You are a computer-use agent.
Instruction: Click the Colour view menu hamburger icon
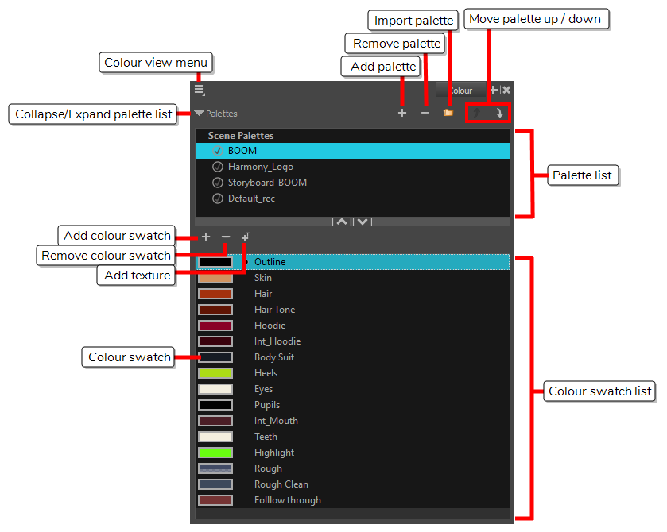(x=199, y=91)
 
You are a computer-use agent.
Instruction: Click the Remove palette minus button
(x=425, y=114)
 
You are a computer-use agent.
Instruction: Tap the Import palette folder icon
(x=448, y=114)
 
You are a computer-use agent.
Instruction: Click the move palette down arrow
(x=500, y=114)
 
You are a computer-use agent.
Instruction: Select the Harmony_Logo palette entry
(x=260, y=167)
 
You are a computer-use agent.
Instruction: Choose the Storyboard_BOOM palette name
(x=266, y=183)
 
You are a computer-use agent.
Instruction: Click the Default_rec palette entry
(x=251, y=199)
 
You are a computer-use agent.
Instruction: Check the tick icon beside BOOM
(x=217, y=151)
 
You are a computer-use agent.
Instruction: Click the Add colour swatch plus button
(x=206, y=237)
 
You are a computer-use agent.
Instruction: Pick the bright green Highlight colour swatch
(x=215, y=453)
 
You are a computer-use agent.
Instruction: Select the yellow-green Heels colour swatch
(x=215, y=373)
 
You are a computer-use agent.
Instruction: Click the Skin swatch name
(x=262, y=278)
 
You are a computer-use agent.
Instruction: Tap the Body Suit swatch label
(x=273, y=357)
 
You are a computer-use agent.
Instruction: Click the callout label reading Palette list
(x=583, y=175)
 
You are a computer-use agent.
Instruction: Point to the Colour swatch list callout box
(x=600, y=391)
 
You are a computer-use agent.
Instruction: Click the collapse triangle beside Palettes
(x=199, y=114)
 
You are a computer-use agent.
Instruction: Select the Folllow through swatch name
(x=287, y=500)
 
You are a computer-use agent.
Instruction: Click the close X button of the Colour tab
(x=506, y=91)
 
